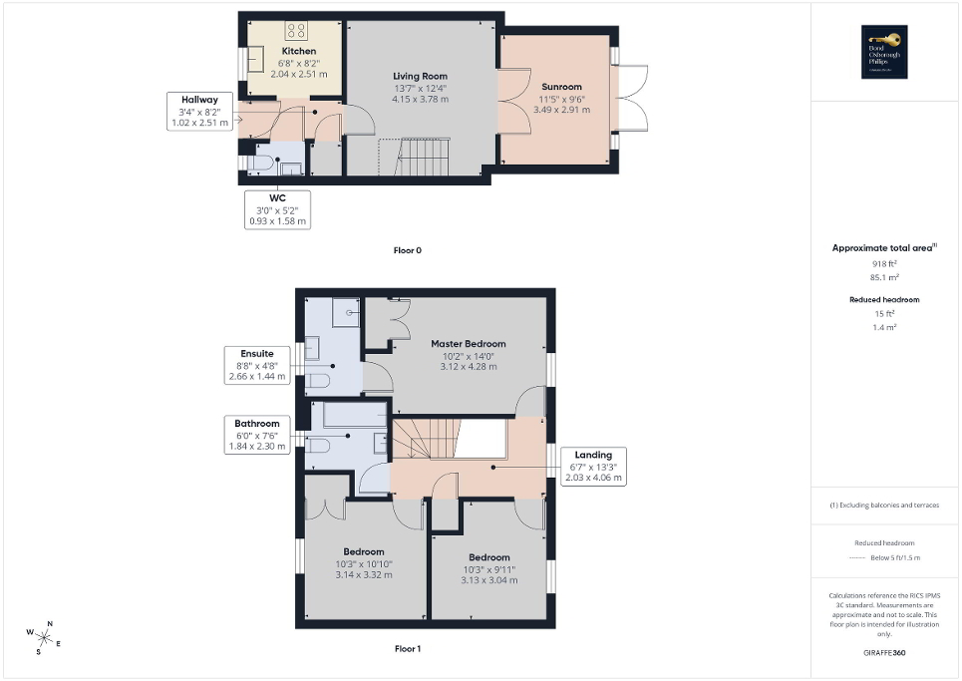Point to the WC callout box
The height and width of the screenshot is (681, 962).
278,209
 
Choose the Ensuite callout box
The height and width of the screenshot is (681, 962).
257,365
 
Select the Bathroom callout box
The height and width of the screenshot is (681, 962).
257,435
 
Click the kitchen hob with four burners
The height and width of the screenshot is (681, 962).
296,29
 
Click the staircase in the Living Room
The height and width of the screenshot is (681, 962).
415,157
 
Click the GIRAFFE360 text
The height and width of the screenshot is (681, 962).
885,654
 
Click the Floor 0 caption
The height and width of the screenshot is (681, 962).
407,250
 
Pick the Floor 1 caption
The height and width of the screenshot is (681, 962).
407,649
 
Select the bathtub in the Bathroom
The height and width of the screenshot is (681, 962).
349,415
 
